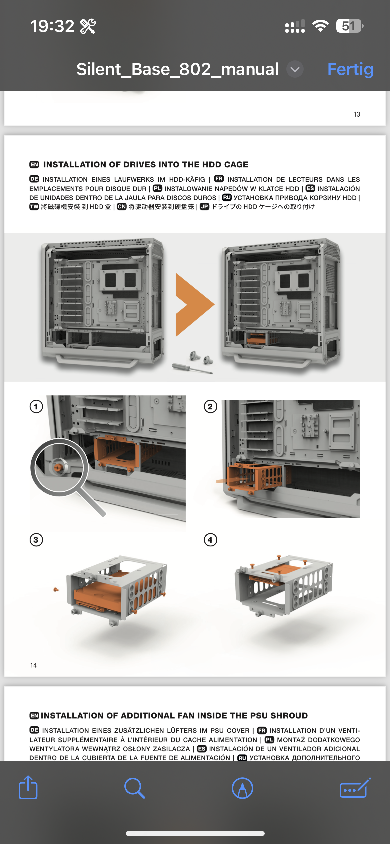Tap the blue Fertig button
click(x=350, y=70)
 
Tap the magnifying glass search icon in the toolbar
click(x=134, y=788)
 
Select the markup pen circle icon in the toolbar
click(x=242, y=788)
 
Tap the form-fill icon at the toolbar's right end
click(x=355, y=788)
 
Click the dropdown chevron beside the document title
click(x=295, y=69)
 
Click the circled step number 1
click(x=36, y=407)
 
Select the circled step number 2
click(x=210, y=407)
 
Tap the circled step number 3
click(x=36, y=540)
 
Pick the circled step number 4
click(x=210, y=540)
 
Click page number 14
click(x=33, y=665)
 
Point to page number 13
click(x=357, y=114)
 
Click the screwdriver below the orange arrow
click(x=192, y=369)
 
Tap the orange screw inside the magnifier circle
click(x=58, y=468)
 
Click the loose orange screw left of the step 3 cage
click(x=56, y=590)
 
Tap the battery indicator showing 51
click(x=349, y=26)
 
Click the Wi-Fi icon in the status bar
click(x=320, y=26)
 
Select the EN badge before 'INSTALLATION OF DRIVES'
click(x=34, y=164)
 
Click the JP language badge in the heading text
click(x=205, y=207)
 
